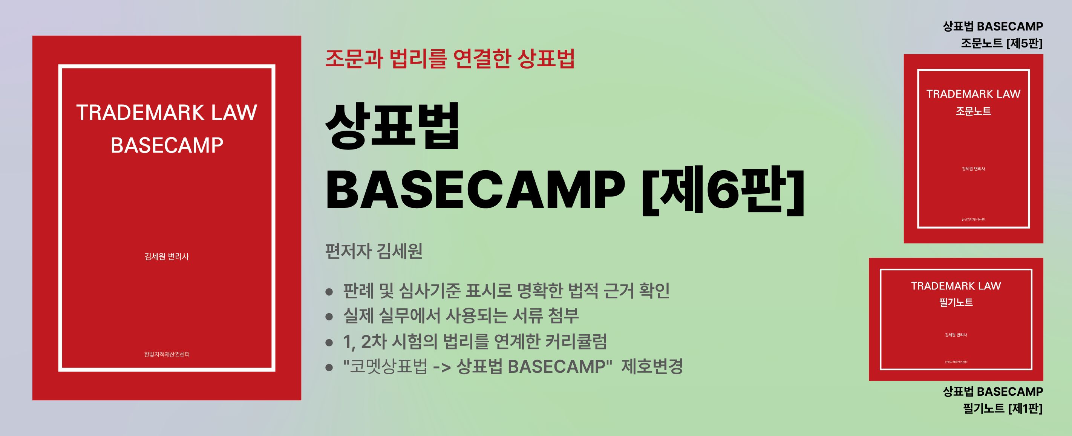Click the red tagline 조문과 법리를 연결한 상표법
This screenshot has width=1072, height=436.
[450, 58]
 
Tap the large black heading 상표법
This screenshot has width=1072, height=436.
[392, 125]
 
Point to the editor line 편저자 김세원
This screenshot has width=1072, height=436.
[374, 251]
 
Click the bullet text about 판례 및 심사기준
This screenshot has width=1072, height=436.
[507, 290]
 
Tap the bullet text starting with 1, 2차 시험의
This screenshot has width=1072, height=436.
[475, 341]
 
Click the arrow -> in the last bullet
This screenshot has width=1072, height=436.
[441, 367]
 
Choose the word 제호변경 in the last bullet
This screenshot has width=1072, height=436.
[652, 367]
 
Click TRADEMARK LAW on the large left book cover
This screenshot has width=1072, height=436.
[167, 113]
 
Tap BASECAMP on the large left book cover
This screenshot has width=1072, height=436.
[167, 145]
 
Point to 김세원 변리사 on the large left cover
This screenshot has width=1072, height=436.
[167, 256]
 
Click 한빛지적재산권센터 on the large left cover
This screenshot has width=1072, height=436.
[167, 354]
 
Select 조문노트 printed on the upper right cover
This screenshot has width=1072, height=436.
[973, 111]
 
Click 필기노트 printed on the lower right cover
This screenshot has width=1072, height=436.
[956, 302]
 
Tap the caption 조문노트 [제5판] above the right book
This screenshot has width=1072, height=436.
[1002, 43]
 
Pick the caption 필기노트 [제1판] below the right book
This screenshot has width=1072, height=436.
[1003, 409]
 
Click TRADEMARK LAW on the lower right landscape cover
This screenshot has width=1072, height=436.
[956, 286]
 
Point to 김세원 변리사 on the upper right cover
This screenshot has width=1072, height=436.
[973, 169]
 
